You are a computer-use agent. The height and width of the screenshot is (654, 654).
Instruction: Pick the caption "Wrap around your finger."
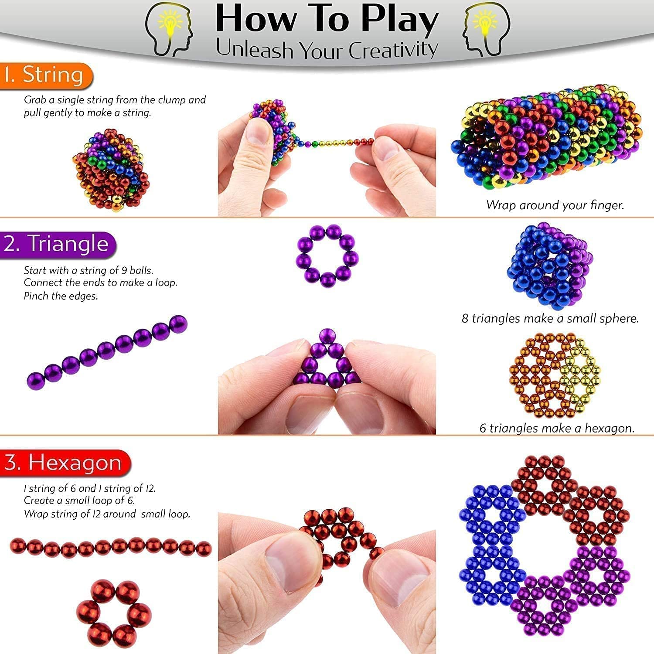click(x=555, y=205)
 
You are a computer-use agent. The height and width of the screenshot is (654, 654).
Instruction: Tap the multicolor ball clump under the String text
click(x=111, y=170)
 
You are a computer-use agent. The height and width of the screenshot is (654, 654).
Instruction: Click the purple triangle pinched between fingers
click(x=327, y=360)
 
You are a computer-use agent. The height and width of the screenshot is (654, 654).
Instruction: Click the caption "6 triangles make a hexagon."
click(x=557, y=428)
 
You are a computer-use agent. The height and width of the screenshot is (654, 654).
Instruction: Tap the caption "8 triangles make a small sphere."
click(x=550, y=318)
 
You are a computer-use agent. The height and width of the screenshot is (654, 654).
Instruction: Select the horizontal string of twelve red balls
click(x=111, y=548)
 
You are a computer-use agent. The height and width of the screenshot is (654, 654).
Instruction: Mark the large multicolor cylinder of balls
click(x=547, y=137)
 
